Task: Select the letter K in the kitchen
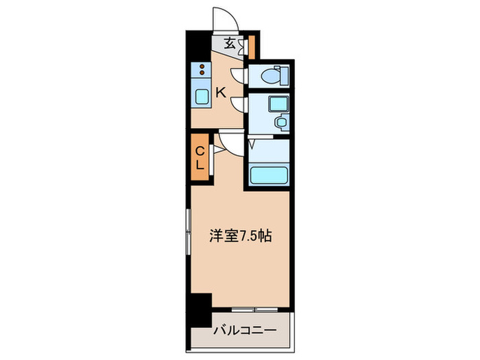[221, 92]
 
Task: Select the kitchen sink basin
[202, 96]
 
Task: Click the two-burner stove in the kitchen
[202, 69]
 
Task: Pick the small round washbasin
[280, 122]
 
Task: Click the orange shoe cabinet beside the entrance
[251, 45]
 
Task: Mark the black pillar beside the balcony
[200, 309]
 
